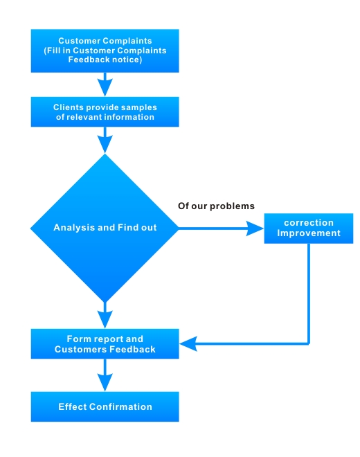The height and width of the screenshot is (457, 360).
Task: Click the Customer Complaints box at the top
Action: coord(105,51)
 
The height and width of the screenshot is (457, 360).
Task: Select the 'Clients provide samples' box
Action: coord(105,112)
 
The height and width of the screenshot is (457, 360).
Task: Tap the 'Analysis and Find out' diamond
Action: coord(105,228)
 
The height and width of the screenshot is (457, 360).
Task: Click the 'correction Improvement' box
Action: coord(309,228)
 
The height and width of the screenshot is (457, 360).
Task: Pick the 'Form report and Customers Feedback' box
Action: coord(105,344)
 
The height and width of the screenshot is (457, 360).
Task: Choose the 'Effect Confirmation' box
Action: coord(105,406)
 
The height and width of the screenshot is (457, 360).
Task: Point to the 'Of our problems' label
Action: coord(216,206)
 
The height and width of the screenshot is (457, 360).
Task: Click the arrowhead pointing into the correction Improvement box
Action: coord(255,228)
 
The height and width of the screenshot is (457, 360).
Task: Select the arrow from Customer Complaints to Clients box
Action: coord(105,84)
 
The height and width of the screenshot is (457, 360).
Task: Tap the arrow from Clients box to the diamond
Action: coord(105,140)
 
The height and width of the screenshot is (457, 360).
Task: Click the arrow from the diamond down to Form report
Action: coord(105,316)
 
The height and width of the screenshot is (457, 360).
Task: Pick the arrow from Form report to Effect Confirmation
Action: coord(105,375)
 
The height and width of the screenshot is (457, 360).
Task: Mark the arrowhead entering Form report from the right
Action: coord(188,344)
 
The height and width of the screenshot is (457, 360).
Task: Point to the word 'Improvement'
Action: coord(309,233)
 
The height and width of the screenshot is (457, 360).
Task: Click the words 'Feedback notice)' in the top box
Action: coord(105,60)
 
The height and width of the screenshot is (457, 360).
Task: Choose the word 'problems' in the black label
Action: coord(233,206)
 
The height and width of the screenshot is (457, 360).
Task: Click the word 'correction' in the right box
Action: coord(309,223)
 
